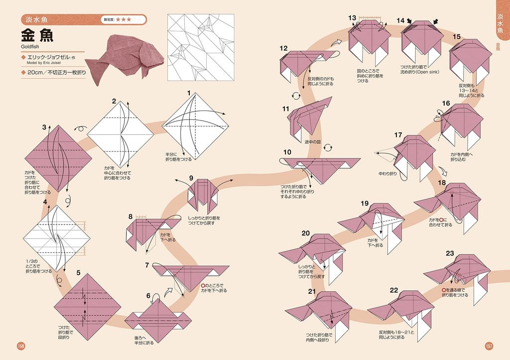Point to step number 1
point(189,93)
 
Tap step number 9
point(191,178)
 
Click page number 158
point(21,347)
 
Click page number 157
point(489,347)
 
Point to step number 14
point(400,20)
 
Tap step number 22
point(394,290)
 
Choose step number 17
point(398,135)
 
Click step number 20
point(305,233)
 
